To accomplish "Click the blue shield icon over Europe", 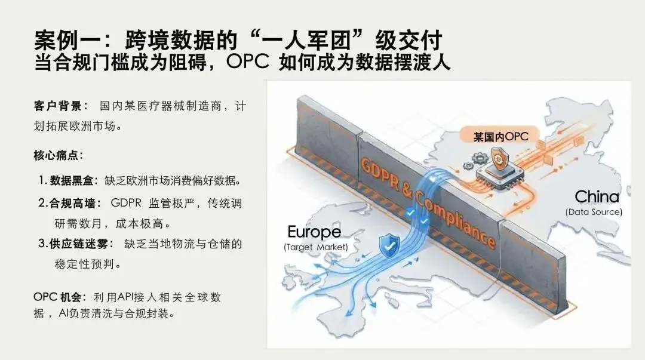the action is point(389,244).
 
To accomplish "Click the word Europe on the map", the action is point(314,232).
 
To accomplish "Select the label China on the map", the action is point(597,196).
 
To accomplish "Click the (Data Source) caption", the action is point(594,211).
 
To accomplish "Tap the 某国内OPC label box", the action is point(501,137).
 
